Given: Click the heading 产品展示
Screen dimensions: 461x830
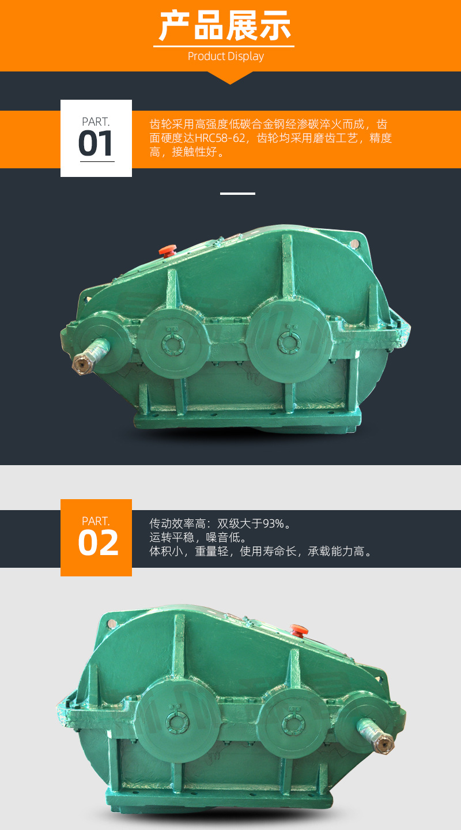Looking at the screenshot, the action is tap(225, 25).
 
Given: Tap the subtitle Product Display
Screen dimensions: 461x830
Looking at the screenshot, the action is tap(226, 56).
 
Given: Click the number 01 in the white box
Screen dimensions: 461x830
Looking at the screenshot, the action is tap(96, 144).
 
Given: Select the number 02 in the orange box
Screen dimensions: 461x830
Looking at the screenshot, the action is tap(98, 543).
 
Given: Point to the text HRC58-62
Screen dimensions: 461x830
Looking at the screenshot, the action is tap(220, 138).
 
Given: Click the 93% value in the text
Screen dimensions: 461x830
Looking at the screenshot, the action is tap(274, 523).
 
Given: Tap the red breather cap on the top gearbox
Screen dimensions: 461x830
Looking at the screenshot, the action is tap(168, 250).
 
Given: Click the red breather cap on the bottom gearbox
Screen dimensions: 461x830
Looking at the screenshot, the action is tap(298, 629).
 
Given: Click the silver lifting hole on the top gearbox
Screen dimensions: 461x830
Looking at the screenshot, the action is tap(354, 243).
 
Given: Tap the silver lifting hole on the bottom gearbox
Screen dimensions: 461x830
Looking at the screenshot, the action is tap(111, 624).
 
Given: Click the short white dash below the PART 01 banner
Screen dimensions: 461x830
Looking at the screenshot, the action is tap(237, 194).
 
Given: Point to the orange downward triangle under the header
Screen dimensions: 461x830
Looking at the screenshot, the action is tap(230, 77).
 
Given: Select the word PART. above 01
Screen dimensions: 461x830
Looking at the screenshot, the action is tap(96, 122).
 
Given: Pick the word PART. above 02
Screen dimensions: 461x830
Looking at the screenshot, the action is tap(96, 521).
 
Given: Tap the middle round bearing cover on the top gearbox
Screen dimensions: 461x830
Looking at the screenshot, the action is tap(173, 343).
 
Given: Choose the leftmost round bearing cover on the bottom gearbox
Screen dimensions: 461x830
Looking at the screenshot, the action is tap(177, 722).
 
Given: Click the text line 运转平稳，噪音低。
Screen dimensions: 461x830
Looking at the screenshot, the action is tap(198, 537).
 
